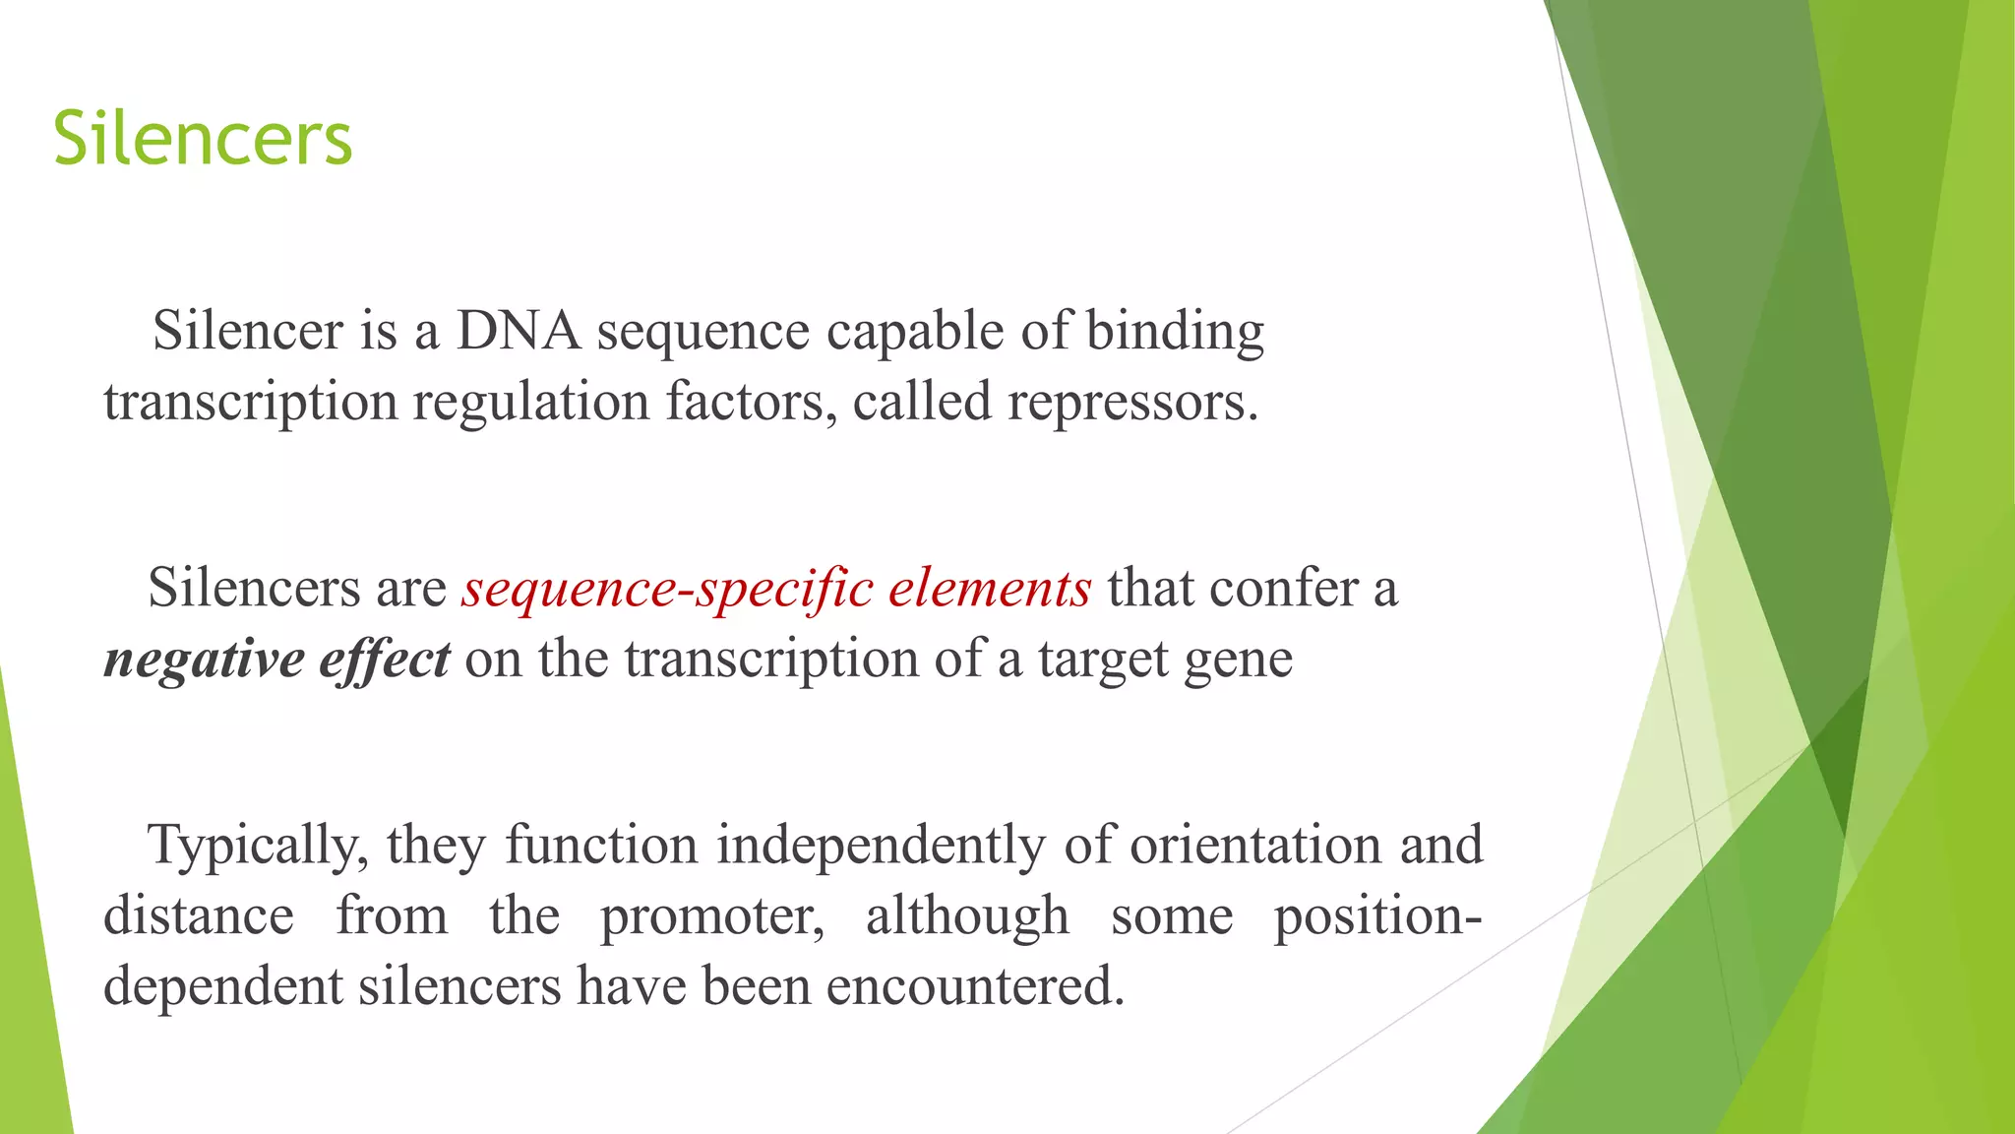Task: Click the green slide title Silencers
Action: pos(203,139)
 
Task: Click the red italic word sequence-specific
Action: pos(667,590)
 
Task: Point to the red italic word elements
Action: pos(990,589)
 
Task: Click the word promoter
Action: pos(712,917)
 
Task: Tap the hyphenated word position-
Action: pos(1377,917)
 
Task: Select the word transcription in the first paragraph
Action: pos(250,403)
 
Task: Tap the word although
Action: pos(967,916)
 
